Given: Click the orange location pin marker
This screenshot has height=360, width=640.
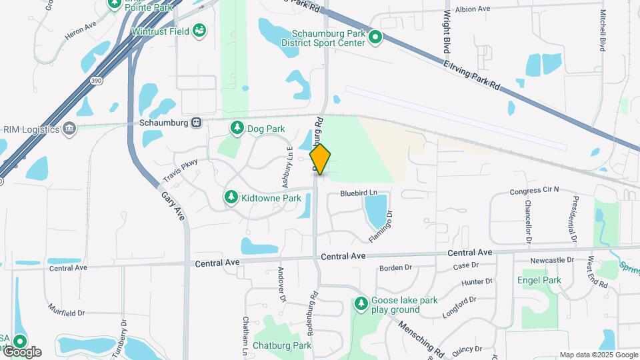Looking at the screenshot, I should point(320,159).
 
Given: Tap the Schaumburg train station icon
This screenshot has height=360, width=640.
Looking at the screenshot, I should point(197,123).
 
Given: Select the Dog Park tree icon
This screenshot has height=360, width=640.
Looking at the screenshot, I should point(237,127).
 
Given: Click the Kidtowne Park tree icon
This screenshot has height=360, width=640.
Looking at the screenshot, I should point(231,197).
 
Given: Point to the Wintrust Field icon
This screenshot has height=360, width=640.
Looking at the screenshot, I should point(199,31).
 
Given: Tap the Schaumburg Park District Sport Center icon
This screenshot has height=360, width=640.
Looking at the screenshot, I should point(375,37).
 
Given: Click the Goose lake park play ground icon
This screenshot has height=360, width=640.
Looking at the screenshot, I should point(361,305).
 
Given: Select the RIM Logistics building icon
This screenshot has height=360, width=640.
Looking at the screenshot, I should point(69,128).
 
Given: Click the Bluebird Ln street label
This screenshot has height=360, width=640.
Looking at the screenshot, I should point(359,193).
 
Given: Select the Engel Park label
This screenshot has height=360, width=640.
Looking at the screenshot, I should point(539,281).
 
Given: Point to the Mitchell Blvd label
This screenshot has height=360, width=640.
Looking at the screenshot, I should point(603,31).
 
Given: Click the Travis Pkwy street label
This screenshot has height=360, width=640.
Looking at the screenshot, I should point(180,171).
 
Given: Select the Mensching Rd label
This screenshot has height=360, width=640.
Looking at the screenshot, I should point(421,338).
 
